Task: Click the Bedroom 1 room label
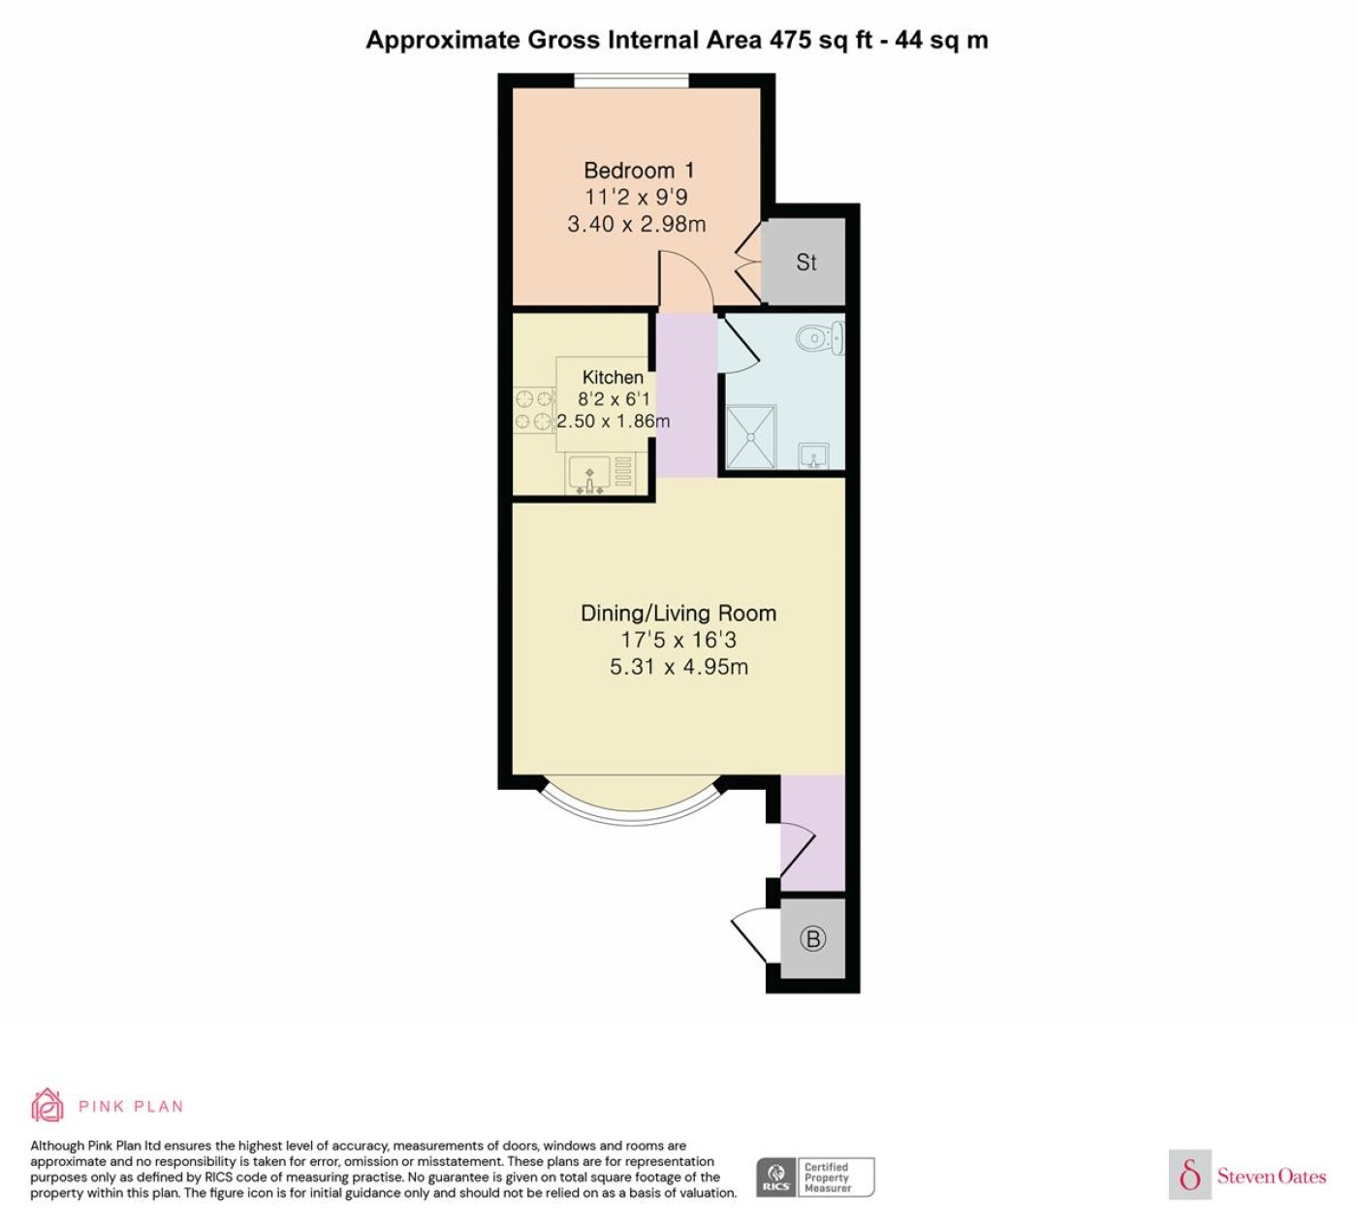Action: click(x=639, y=170)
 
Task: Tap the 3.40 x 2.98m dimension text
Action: click(x=637, y=224)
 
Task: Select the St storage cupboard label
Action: click(x=805, y=262)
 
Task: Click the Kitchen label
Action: click(x=613, y=377)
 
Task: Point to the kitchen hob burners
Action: click(x=534, y=409)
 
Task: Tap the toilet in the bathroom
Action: click(x=819, y=337)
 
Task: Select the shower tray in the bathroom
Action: click(x=751, y=437)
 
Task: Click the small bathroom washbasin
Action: click(x=814, y=456)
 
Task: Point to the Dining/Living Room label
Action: click(x=678, y=614)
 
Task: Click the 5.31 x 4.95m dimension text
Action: click(x=678, y=667)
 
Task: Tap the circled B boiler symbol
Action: click(x=812, y=938)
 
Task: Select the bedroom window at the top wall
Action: click(x=632, y=80)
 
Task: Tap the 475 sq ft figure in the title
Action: click(x=821, y=40)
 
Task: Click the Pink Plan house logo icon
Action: click(x=47, y=1105)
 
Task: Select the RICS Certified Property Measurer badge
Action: click(x=815, y=1177)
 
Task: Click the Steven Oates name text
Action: click(x=1272, y=1176)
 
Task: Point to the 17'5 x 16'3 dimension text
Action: click(x=678, y=640)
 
